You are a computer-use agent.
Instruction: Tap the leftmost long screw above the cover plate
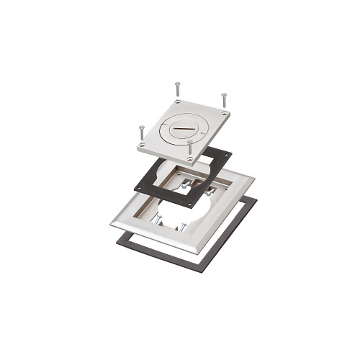tap(141, 133)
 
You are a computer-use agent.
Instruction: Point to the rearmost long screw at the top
tap(176, 90)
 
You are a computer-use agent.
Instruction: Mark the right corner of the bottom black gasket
tap(257, 197)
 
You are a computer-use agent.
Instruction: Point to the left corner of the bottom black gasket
tap(117, 235)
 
